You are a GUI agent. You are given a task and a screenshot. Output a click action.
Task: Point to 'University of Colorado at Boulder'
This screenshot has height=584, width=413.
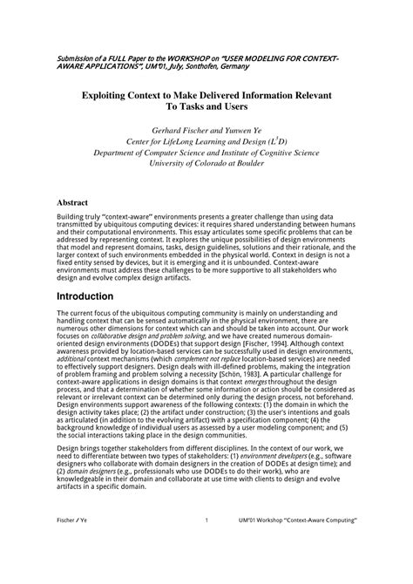[x=206, y=163]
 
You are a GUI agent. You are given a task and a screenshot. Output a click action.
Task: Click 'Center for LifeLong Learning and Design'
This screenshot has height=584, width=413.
[x=196, y=140]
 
